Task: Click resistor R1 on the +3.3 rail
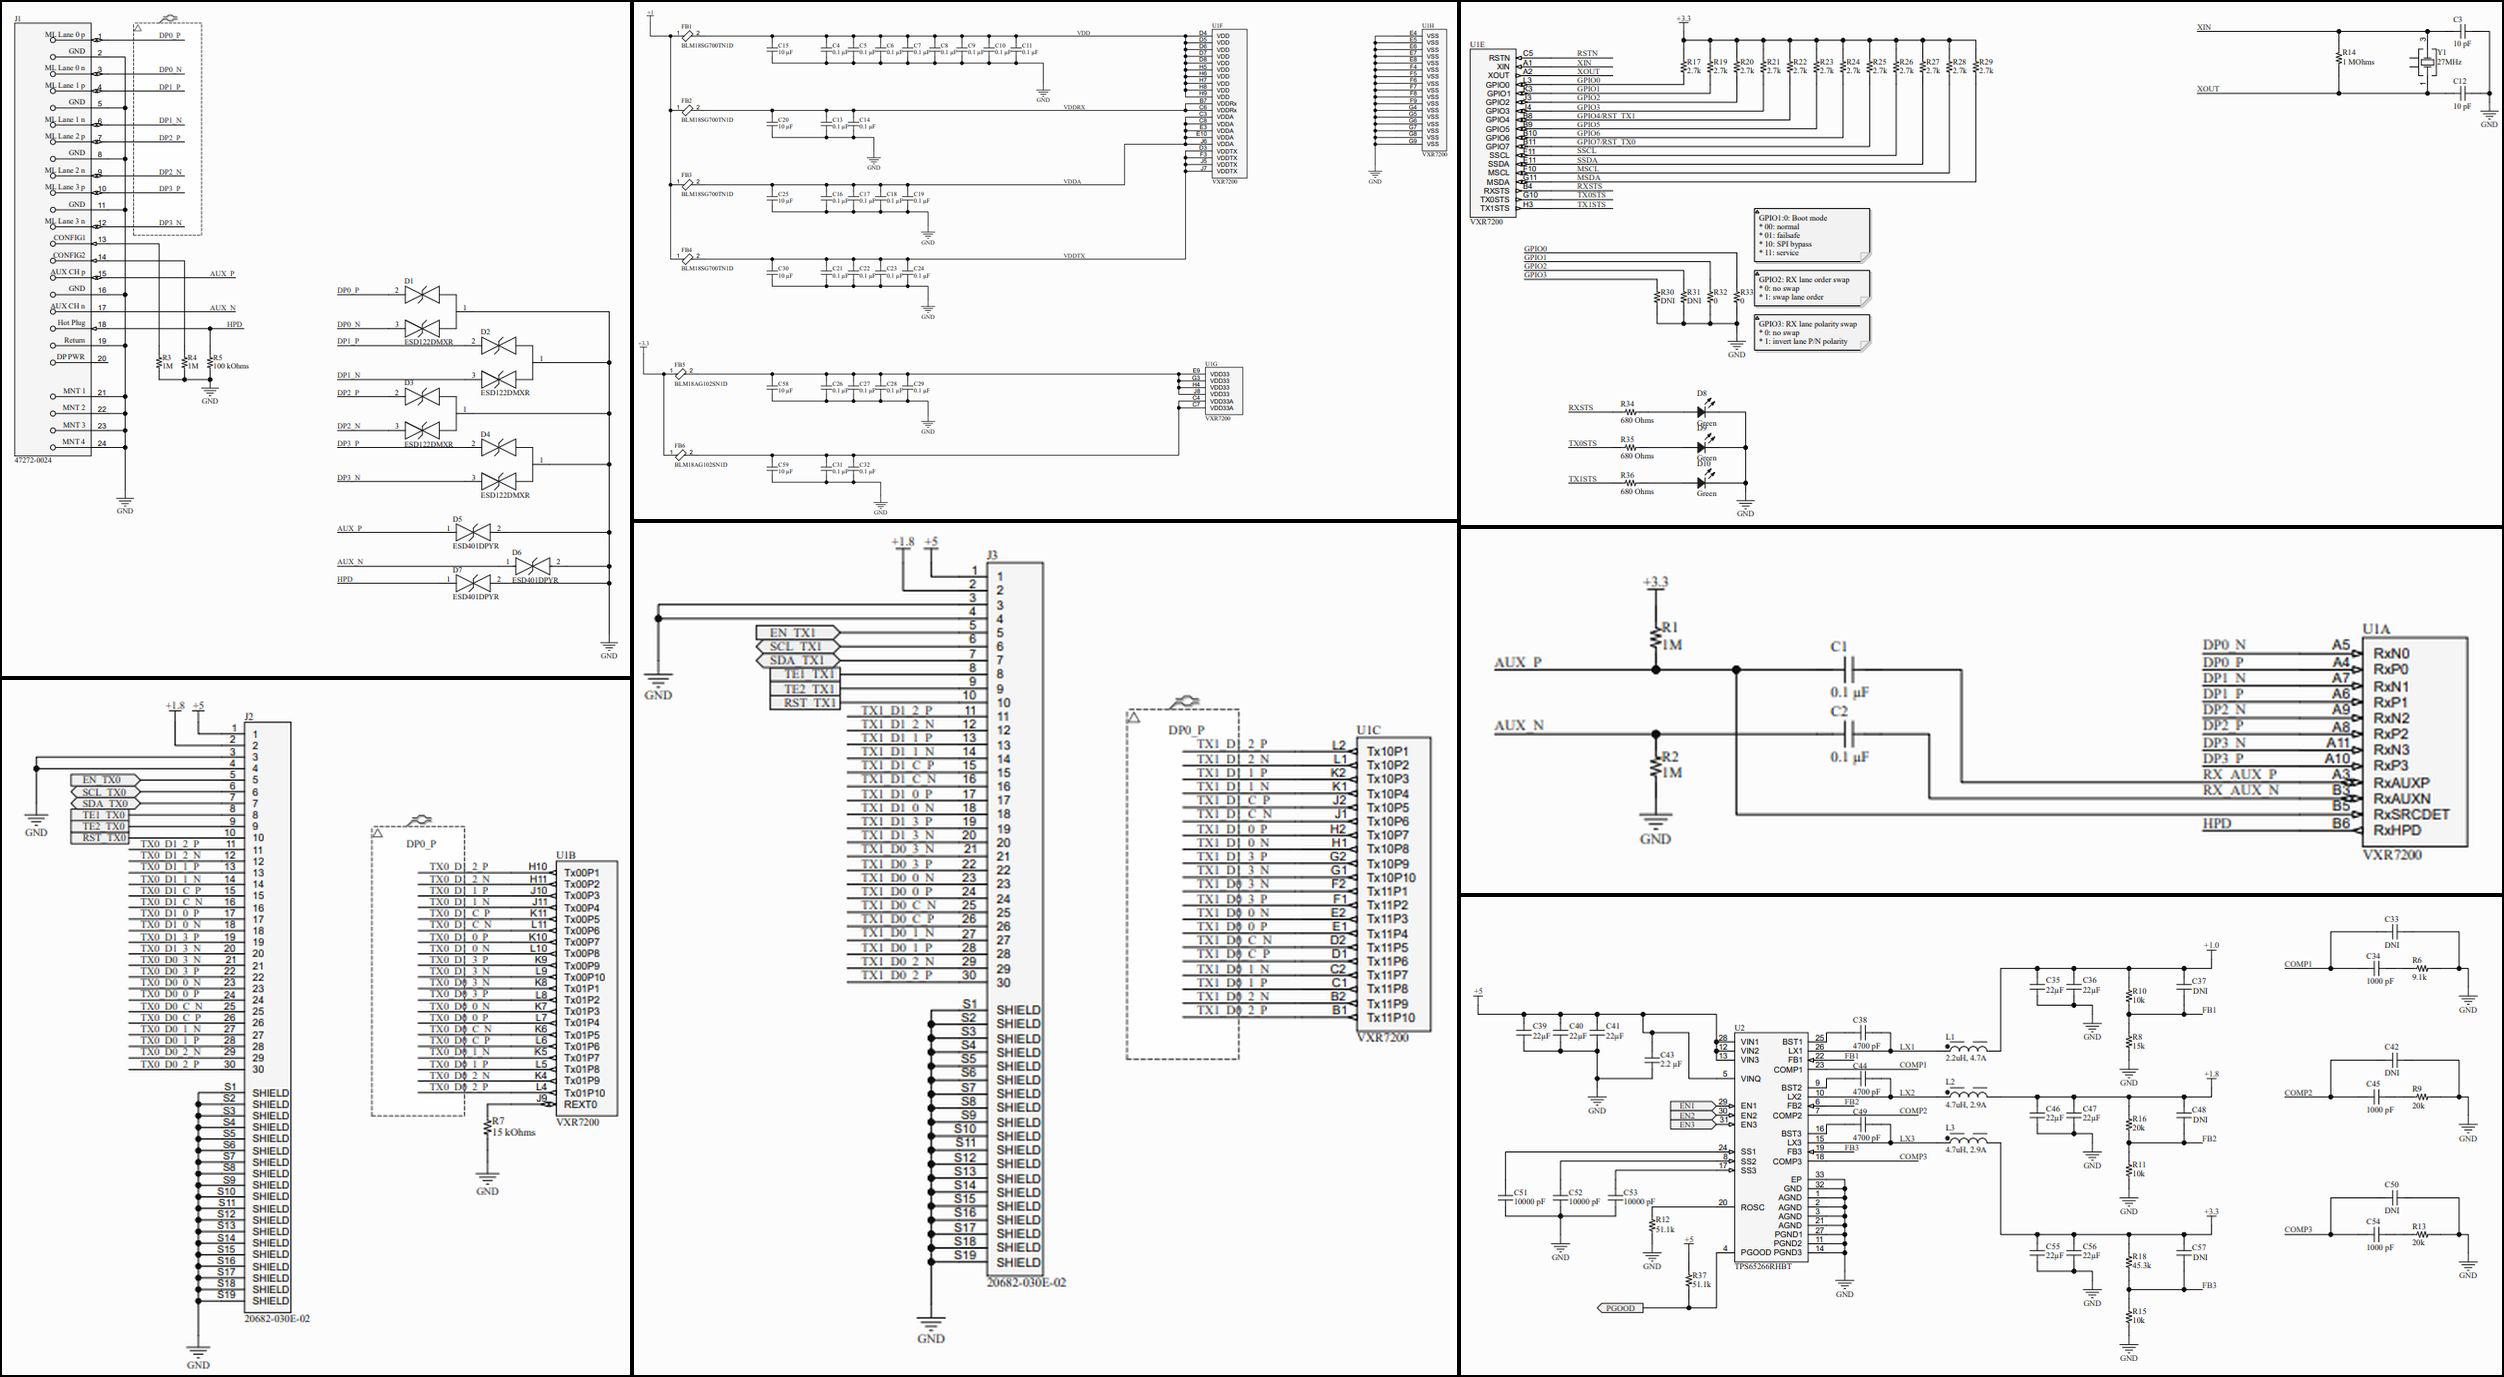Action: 1656,636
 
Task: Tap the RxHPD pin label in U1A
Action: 2397,830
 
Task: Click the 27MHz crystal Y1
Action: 2427,61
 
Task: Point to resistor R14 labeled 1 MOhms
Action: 2340,58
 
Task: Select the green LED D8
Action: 1702,411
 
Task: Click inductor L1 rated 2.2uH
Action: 1967,1048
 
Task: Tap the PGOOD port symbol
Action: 1620,1308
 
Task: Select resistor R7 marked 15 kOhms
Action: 488,1127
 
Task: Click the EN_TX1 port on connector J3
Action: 796,633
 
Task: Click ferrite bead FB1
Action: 687,36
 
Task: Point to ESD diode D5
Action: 472,532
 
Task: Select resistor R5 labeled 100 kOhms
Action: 210,361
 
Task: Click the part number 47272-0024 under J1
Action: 33,460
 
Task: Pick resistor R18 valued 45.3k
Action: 2129,1261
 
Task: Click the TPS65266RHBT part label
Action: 1763,1266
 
